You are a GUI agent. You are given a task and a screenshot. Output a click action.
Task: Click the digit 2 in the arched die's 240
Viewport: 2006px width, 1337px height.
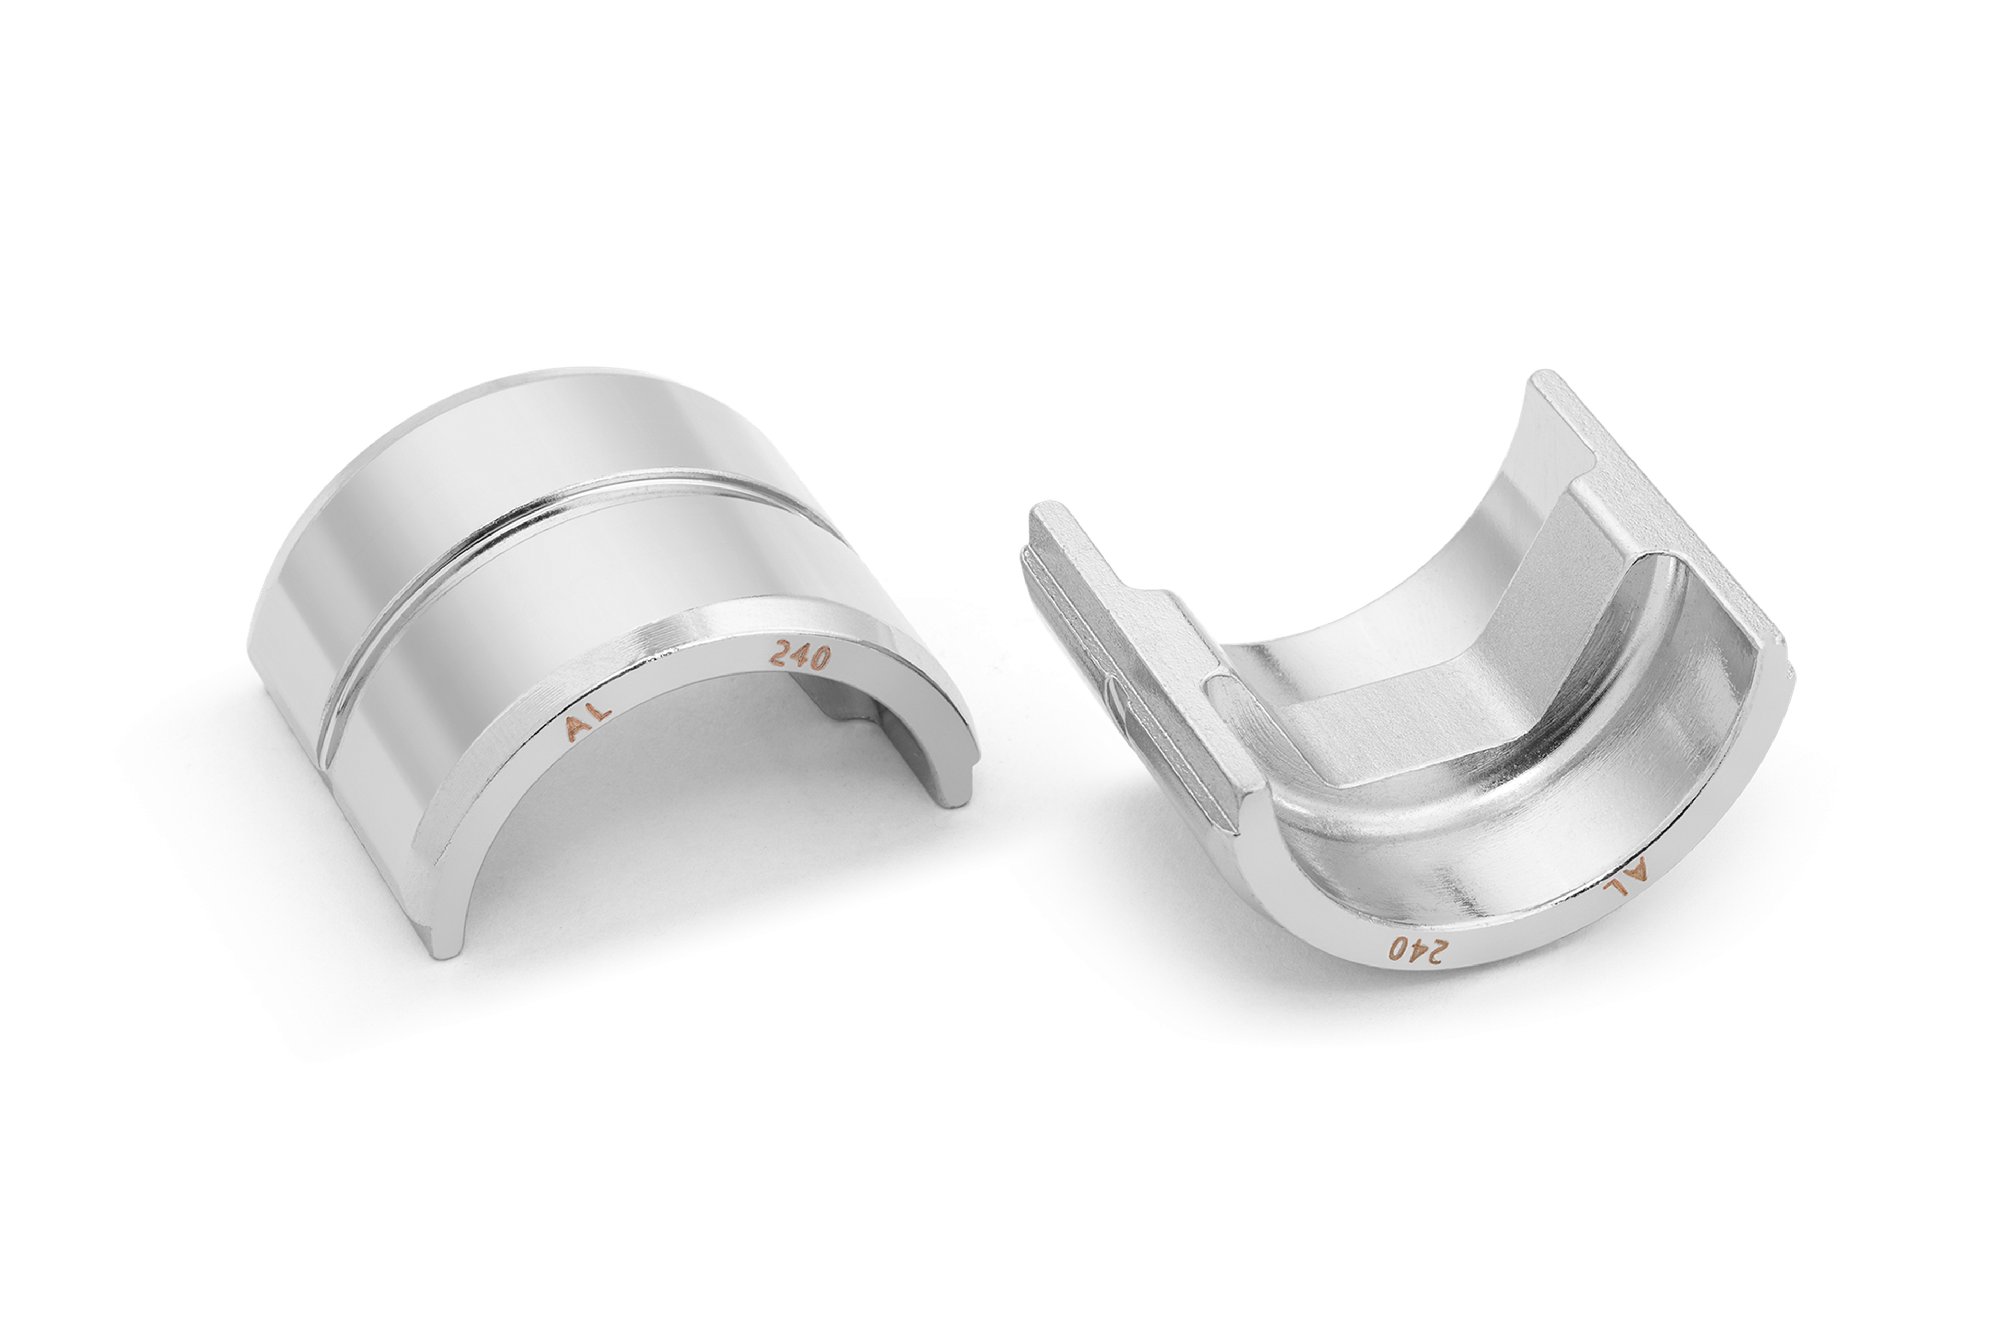(780, 653)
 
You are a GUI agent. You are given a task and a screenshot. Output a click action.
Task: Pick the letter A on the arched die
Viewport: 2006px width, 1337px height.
(578, 729)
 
